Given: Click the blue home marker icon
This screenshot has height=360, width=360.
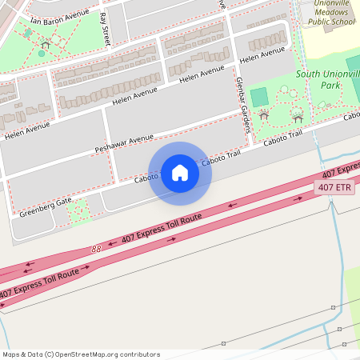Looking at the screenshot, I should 180,173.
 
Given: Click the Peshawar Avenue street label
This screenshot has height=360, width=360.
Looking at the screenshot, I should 123,143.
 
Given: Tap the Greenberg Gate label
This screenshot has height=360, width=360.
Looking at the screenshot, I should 46,207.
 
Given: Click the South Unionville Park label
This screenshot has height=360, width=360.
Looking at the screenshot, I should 326,79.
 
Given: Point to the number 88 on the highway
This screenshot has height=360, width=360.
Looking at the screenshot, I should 97,249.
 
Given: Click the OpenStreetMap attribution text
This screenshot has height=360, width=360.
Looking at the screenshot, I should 81,354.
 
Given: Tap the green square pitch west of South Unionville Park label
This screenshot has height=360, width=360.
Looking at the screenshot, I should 259,97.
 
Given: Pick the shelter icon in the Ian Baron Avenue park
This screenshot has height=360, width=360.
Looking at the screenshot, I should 45,45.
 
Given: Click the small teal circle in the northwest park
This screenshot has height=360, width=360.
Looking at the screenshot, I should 42,54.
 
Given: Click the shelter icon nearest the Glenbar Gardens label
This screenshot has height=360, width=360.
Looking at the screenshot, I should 263,116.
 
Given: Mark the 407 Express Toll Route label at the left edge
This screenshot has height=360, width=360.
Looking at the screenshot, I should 40,285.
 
